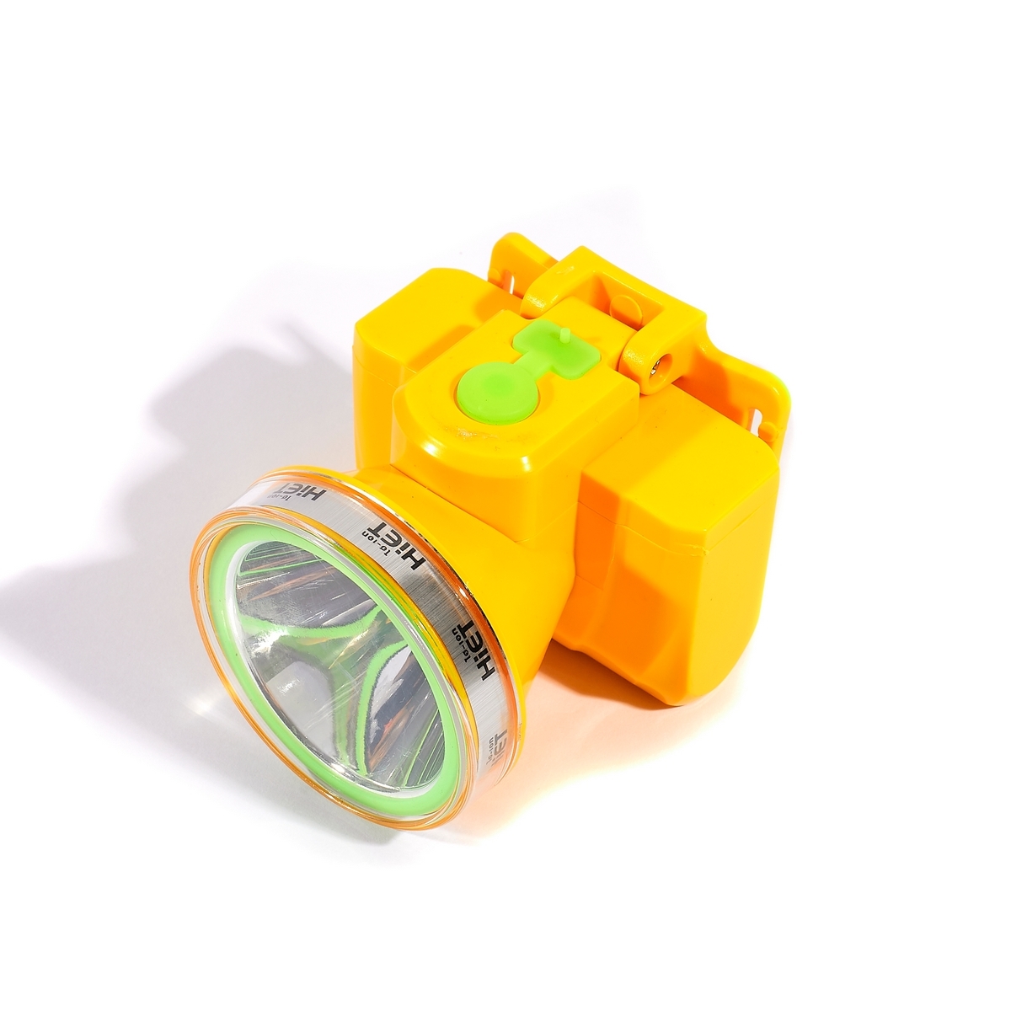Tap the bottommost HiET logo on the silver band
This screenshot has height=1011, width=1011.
pyautogui.click(x=498, y=746)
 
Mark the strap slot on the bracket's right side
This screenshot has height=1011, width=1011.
pyautogui.click(x=770, y=425)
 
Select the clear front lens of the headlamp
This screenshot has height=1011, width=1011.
pyautogui.click(x=337, y=666)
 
